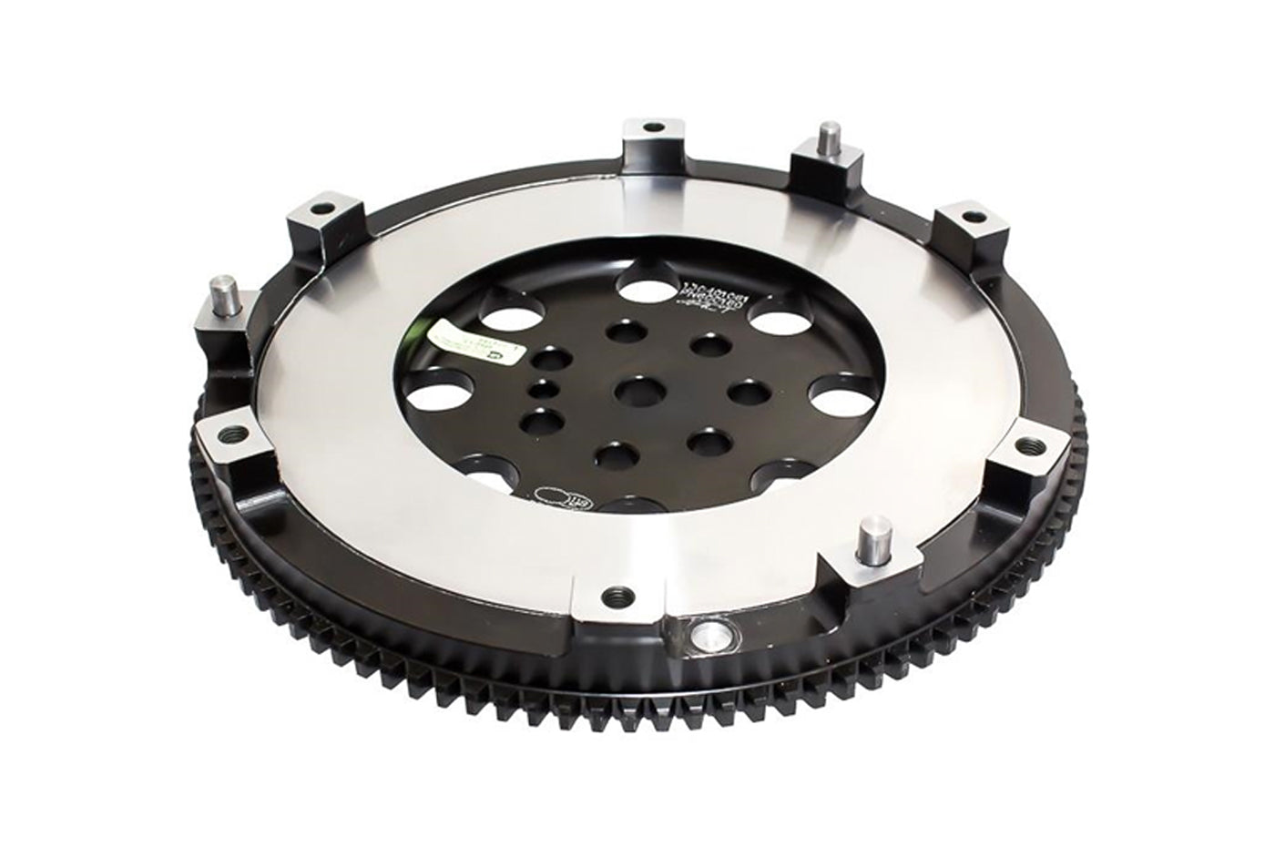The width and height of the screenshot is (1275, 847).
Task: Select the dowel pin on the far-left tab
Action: pos(223,294)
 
